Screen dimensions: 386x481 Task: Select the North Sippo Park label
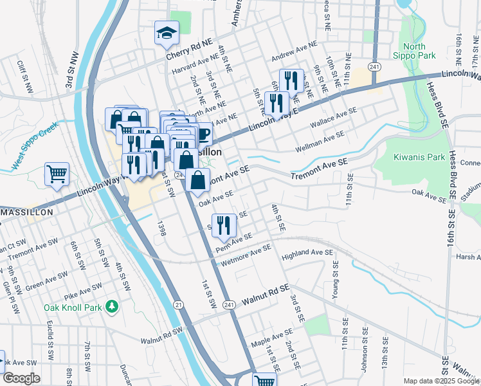[419, 51]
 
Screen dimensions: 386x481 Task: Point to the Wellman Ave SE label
[320, 143]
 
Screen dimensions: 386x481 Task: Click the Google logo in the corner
[21, 378]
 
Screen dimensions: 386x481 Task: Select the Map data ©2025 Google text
[440, 381]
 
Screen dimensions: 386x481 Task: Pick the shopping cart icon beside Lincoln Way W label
[57, 174]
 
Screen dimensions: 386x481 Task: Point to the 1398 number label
[162, 230]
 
